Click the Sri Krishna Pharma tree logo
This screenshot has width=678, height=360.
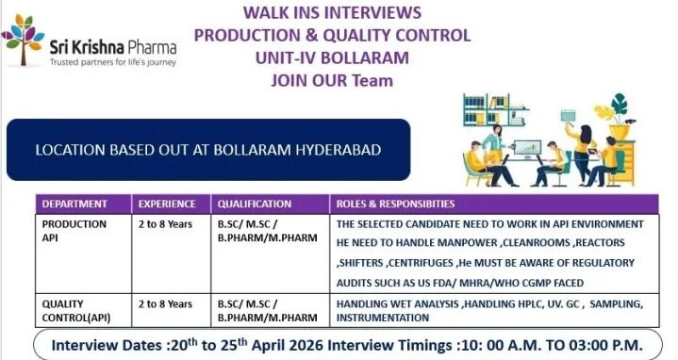pyautogui.click(x=23, y=43)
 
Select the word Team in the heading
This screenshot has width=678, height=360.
pyautogui.click(x=372, y=80)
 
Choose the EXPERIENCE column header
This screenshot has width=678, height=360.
pyautogui.click(x=167, y=204)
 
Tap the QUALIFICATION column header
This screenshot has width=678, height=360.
pyautogui.click(x=255, y=204)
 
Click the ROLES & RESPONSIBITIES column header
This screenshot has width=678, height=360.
pyautogui.click(x=395, y=204)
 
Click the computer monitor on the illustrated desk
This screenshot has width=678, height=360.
pyautogui.click(x=532, y=150)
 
